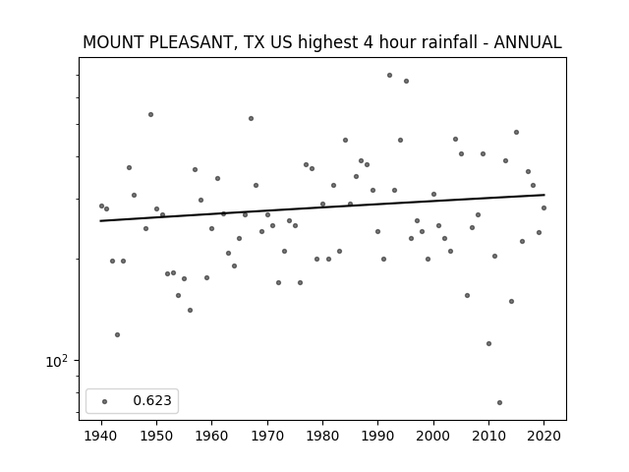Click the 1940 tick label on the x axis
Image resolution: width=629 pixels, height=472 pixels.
(x=101, y=436)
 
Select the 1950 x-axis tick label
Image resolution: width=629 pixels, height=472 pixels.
(x=156, y=436)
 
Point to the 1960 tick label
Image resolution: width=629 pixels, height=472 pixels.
(x=212, y=436)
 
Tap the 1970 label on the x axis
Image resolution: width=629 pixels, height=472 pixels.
(x=267, y=436)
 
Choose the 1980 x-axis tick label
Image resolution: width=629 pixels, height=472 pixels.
(x=322, y=436)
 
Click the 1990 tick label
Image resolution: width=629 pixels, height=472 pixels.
(x=377, y=436)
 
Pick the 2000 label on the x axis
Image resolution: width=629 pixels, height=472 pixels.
(x=433, y=436)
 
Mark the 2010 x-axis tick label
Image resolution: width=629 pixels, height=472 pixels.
(x=488, y=436)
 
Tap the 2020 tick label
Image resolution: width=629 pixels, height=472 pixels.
(x=543, y=436)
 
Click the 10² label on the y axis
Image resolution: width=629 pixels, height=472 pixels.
(x=57, y=361)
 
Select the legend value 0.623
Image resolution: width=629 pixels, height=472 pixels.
(x=152, y=400)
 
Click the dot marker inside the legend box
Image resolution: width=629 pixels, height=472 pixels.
(x=105, y=401)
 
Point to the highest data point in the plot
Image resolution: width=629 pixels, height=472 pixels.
(x=389, y=75)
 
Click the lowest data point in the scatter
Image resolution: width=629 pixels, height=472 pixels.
(x=499, y=402)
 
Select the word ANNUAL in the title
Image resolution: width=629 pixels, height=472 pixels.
(x=528, y=42)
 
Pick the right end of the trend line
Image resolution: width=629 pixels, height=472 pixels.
(x=544, y=195)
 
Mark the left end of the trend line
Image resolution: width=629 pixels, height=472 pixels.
(x=100, y=220)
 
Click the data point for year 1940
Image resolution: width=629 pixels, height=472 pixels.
(x=101, y=206)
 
